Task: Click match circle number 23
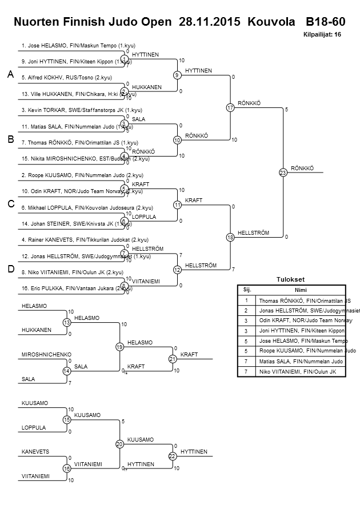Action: (x=282, y=172)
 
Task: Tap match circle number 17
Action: (x=230, y=107)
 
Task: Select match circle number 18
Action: (x=230, y=237)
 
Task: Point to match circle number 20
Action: (x=119, y=444)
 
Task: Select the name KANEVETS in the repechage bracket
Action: (x=35, y=452)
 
